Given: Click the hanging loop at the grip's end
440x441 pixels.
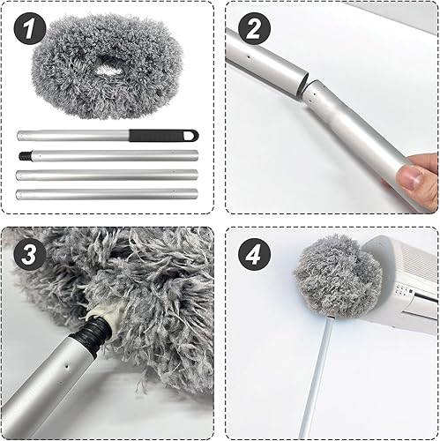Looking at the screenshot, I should click(x=190, y=135).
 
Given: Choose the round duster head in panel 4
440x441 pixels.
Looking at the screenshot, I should click(x=332, y=274).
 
